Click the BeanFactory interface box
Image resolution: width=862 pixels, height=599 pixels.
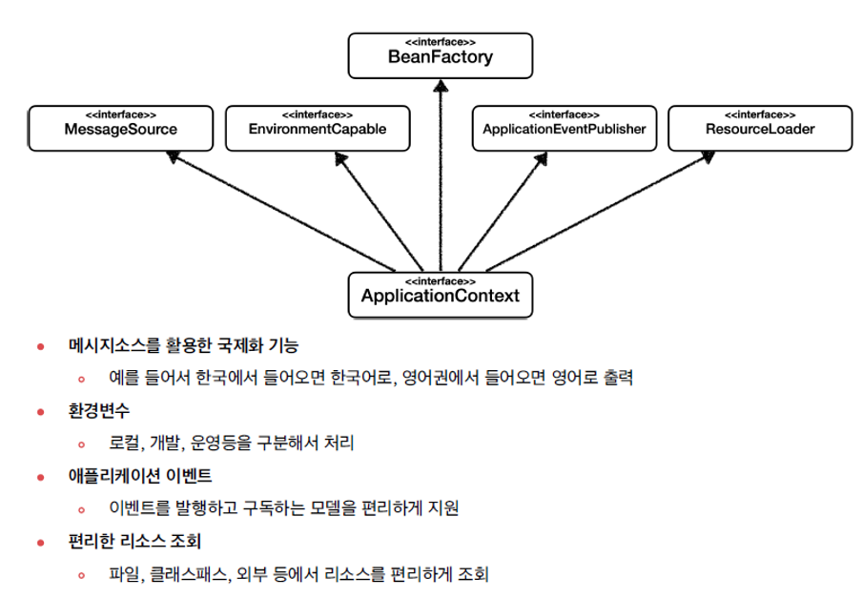(440, 55)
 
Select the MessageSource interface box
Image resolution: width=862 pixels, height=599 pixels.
(120, 128)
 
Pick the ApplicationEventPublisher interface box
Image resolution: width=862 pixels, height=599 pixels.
(564, 128)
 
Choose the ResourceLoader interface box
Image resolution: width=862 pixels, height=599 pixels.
(760, 128)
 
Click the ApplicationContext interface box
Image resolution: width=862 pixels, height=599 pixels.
(440, 294)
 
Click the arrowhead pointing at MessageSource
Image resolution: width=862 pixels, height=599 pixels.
(175, 157)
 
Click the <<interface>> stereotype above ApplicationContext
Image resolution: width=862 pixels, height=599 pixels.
(440, 281)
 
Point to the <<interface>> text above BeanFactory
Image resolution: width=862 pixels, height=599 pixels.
(440, 43)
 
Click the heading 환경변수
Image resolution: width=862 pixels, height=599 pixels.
(98, 410)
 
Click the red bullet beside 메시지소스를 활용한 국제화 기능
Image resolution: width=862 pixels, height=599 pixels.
(40, 345)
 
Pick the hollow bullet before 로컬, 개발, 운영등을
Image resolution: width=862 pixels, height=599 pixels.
(82, 444)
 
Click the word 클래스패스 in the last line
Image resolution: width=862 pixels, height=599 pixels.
(188, 574)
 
